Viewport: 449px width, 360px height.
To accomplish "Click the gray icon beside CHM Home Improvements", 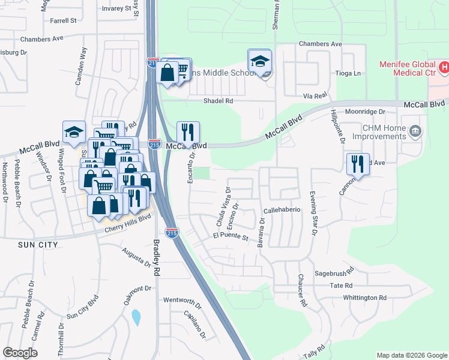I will click(415, 131).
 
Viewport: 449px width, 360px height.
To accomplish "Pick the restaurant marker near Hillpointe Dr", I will click(357, 164).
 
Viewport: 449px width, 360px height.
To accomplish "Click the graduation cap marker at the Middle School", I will click(260, 61).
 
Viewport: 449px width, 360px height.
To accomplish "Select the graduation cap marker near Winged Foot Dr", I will click(74, 132).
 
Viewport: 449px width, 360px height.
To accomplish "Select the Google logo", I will click(20, 353).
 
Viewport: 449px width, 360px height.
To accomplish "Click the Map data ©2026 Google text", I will click(411, 355).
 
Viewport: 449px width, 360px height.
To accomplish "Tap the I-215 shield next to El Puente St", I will click(172, 232).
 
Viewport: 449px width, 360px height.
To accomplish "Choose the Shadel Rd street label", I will click(218, 101).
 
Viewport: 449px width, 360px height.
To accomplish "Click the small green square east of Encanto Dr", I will click(204, 173).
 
